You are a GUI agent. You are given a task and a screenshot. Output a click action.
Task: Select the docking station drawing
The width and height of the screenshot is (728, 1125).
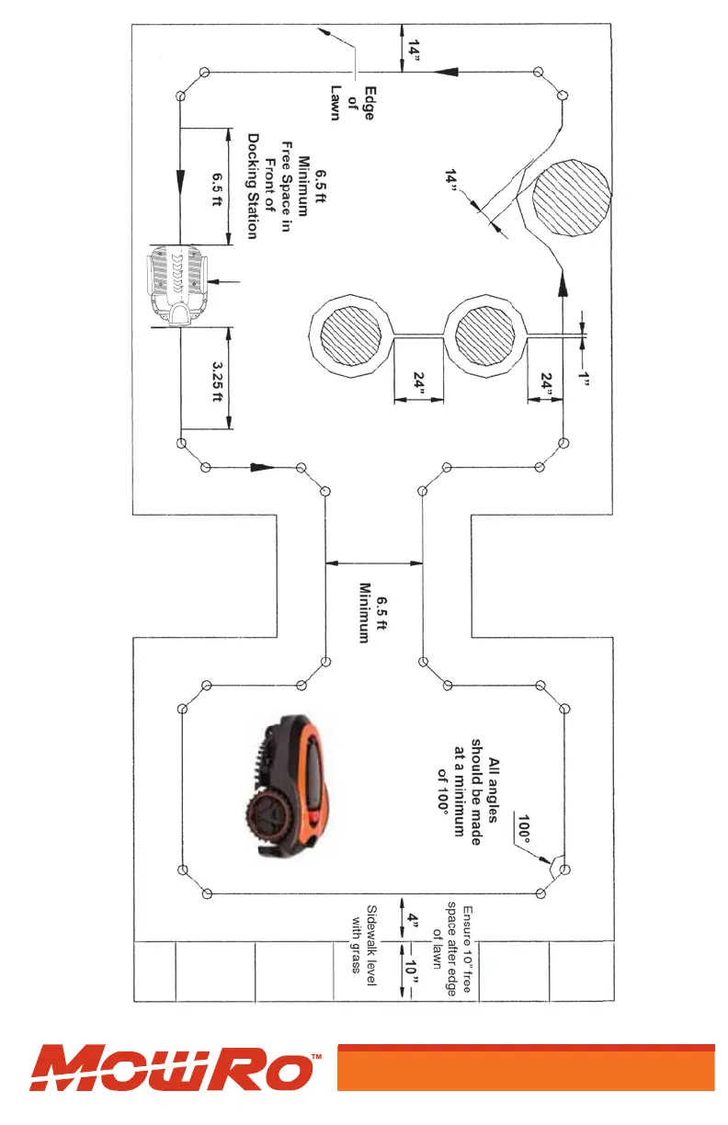178,287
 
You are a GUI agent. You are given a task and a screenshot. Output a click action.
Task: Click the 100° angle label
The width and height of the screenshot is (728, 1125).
524,829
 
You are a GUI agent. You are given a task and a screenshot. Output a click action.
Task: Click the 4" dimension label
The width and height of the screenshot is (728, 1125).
413,922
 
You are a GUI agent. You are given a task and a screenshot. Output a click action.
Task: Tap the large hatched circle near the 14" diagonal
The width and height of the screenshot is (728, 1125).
570,199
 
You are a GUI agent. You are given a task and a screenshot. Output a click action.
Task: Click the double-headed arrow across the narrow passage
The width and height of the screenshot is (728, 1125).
374,563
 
